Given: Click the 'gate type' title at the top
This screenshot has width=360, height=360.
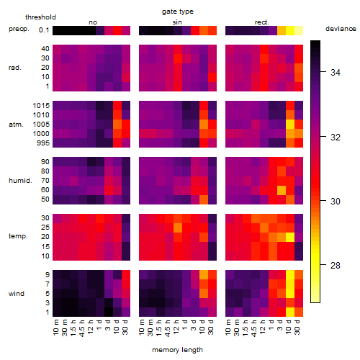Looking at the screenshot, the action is [x=178, y=12].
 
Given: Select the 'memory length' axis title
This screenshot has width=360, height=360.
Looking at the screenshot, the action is [x=177, y=350].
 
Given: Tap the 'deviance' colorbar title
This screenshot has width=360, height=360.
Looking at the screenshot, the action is [x=341, y=29].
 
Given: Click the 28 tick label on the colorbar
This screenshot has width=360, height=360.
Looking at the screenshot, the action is [x=336, y=265].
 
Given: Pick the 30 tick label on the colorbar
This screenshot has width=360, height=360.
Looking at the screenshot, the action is [x=336, y=201].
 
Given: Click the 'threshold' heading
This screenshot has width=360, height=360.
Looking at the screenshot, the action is [x=40, y=17].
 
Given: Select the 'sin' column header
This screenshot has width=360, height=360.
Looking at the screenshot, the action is [x=177, y=22].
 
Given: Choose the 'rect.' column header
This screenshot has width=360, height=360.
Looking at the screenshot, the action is [x=262, y=22].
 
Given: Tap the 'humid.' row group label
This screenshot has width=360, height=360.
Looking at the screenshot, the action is [x=20, y=181].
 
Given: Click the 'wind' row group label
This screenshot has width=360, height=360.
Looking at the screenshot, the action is [x=17, y=294].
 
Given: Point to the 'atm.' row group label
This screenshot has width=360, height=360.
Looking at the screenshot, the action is [x=16, y=125].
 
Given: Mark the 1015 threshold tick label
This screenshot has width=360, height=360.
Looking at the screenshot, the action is [x=41, y=106].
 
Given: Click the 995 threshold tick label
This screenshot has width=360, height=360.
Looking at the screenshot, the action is [x=43, y=143].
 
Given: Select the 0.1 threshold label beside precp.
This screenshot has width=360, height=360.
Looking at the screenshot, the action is [x=44, y=30].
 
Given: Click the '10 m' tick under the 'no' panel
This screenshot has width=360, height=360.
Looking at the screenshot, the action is [x=55, y=328].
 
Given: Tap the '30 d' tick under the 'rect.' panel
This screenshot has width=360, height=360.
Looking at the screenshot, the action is [x=297, y=328].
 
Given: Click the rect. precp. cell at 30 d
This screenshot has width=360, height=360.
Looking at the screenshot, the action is [x=299, y=31].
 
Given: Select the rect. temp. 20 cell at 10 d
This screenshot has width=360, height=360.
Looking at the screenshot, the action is [x=290, y=237].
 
